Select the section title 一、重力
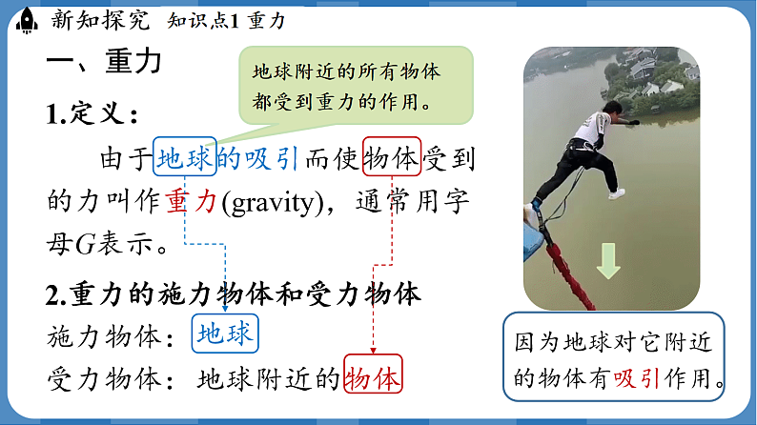click(x=104, y=63)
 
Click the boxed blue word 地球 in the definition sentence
click(x=184, y=158)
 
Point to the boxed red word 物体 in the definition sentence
click(x=391, y=158)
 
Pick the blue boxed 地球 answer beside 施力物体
click(x=225, y=334)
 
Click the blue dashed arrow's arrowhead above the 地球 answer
click(x=225, y=306)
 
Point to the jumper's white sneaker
click(x=617, y=193)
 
